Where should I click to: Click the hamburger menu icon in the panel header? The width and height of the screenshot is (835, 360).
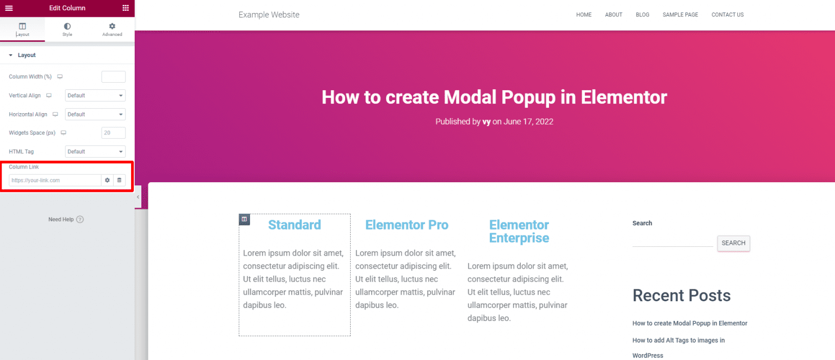click(x=9, y=8)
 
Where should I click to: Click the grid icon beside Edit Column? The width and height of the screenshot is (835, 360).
click(x=126, y=8)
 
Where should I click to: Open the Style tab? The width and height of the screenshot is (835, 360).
click(x=67, y=29)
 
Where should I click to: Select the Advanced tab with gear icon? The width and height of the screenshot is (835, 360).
click(x=112, y=29)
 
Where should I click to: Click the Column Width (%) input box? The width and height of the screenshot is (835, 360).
click(x=113, y=77)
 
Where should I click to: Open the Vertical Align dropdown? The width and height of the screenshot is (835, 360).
click(x=95, y=96)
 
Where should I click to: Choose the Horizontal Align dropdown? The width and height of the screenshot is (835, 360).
click(x=95, y=114)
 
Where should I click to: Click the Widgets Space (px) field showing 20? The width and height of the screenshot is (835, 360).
click(x=113, y=133)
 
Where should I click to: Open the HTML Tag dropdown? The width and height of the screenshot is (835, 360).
click(x=95, y=152)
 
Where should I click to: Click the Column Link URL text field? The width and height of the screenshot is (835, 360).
click(x=55, y=180)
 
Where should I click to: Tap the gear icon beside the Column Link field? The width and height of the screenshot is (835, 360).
click(x=107, y=180)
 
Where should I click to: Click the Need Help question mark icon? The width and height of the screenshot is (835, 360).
click(x=80, y=219)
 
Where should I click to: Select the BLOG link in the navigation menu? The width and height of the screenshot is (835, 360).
click(x=642, y=15)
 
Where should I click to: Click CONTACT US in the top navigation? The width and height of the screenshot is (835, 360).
click(x=727, y=15)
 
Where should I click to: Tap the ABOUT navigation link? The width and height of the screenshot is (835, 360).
click(x=614, y=15)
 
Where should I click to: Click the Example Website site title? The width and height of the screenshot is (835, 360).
click(x=269, y=15)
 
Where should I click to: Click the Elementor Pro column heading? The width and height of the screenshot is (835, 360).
click(x=407, y=225)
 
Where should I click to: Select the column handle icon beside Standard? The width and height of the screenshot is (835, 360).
click(x=244, y=219)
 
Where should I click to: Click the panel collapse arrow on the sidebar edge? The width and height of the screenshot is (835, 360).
click(x=138, y=197)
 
